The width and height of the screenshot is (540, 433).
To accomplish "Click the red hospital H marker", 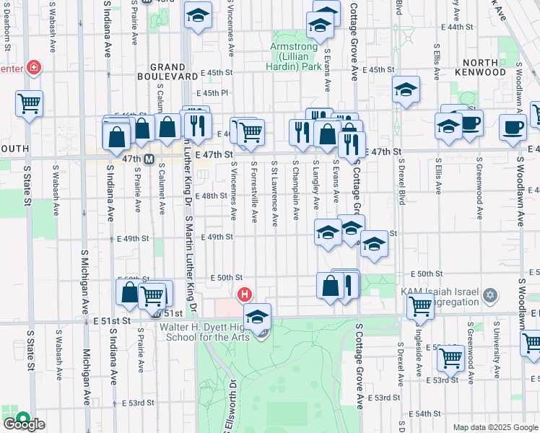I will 245,294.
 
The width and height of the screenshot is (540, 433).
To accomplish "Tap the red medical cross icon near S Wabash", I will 33,69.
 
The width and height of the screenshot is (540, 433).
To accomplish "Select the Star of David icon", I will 491,296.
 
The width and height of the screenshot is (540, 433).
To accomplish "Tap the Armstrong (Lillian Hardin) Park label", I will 296,56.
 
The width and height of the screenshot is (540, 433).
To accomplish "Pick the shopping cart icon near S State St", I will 29,103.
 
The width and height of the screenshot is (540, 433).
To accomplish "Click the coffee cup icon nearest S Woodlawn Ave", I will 513,127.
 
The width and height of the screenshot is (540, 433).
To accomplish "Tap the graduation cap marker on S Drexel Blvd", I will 406,89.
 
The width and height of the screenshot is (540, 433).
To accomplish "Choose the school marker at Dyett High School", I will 257,316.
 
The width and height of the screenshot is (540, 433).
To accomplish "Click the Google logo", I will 23,423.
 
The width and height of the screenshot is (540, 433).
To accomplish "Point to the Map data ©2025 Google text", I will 495,427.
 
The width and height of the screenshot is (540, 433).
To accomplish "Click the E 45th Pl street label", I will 214,92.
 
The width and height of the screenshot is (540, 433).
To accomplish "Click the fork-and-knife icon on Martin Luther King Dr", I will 196,125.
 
